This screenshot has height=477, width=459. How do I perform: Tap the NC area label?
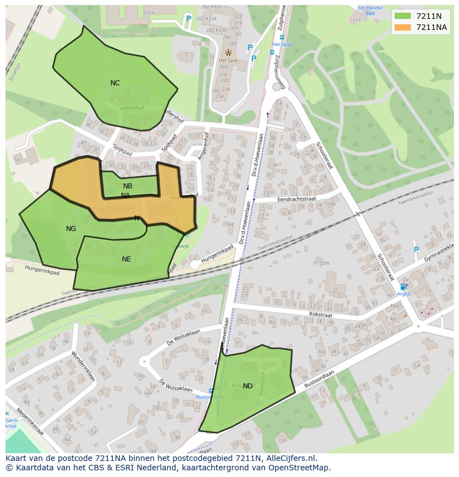(x=115, y=83)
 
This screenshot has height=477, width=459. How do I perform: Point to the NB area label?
(x=128, y=186)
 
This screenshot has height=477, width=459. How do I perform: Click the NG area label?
(x=71, y=229)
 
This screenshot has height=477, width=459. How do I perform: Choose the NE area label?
(x=126, y=259)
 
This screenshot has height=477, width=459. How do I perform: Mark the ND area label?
(x=248, y=386)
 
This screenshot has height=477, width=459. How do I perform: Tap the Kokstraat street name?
(x=320, y=315)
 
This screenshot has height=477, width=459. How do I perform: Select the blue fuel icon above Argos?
(x=403, y=286)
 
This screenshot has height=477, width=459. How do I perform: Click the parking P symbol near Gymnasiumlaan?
(x=416, y=250)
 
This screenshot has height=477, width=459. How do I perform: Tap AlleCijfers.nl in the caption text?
(x=290, y=458)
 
